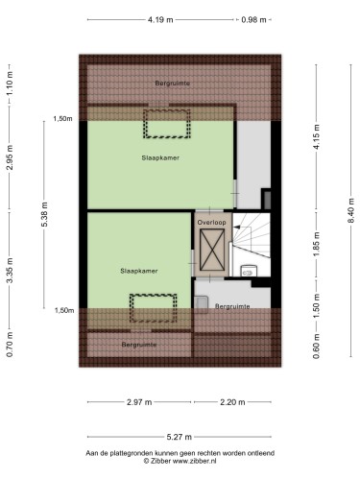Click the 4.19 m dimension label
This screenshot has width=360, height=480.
[160, 20]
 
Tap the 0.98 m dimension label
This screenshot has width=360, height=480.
[253, 20]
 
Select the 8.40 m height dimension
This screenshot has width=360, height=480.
[351, 211]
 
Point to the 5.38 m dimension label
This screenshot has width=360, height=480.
[44, 214]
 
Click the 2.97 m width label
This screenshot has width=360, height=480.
[139, 402]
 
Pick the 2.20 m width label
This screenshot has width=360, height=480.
[232, 402]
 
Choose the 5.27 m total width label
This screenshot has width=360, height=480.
[180, 437]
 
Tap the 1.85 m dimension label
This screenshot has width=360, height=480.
[317, 244]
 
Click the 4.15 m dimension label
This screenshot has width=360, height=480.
[317, 136]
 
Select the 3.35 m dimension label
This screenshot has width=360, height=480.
[10, 271]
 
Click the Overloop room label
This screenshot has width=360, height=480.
[211, 222]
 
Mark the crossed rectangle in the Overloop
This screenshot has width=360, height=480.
[212, 250]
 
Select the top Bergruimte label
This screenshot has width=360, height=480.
[173, 84]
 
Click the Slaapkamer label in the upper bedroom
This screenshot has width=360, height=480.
[160, 157]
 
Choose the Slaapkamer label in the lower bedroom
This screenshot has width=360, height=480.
[139, 271]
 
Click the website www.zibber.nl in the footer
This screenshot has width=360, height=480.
[195, 461]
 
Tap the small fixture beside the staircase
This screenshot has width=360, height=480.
[249, 271]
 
